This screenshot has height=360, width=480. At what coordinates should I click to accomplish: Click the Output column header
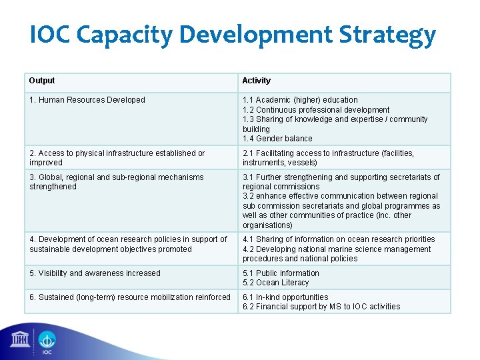click(42, 81)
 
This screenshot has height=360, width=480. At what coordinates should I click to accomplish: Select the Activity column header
click(257, 81)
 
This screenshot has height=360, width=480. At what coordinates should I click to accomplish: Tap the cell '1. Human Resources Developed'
click(87, 100)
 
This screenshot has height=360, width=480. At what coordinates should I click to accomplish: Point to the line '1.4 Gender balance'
click(277, 139)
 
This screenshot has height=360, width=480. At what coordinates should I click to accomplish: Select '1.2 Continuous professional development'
click(316, 110)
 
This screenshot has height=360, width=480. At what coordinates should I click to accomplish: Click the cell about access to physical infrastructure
click(117, 157)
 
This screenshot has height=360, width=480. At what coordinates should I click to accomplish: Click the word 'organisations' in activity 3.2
click(267, 225)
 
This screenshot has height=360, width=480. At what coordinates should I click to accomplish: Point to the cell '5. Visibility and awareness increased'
click(95, 273)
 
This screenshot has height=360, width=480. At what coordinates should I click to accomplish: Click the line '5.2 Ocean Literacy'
click(276, 283)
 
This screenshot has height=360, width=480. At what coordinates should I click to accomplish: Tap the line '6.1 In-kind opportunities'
click(285, 297)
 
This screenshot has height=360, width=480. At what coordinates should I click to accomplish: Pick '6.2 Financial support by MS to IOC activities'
click(321, 307)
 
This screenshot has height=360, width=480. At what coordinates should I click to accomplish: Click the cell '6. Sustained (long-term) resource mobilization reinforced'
click(130, 297)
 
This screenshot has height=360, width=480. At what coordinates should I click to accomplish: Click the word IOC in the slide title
click(53, 35)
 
